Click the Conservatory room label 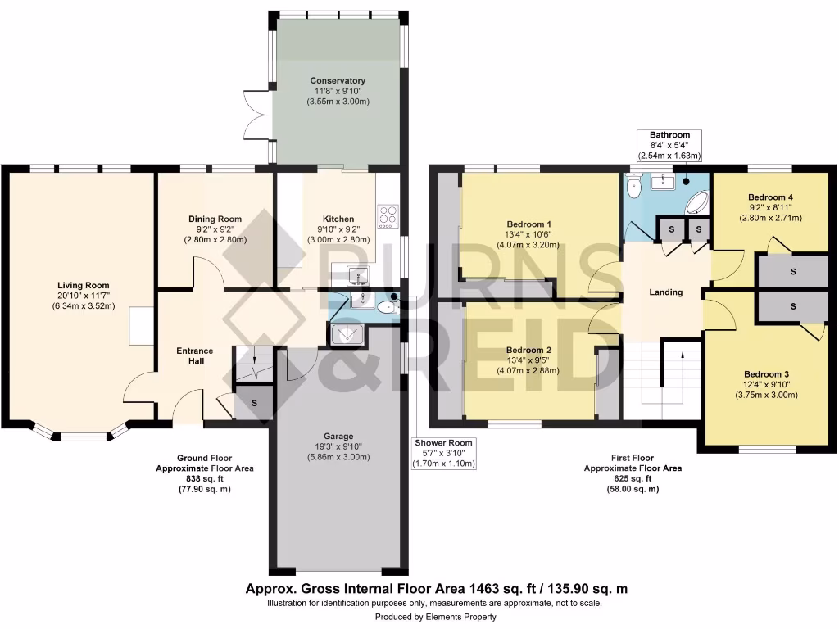338,80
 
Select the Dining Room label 215,219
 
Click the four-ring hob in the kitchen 388,216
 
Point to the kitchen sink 359,274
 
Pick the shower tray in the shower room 346,333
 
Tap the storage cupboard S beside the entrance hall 254,403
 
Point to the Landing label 665,292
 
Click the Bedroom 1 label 528,224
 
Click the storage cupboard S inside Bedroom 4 792,270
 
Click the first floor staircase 662,377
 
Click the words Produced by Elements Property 435,617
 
